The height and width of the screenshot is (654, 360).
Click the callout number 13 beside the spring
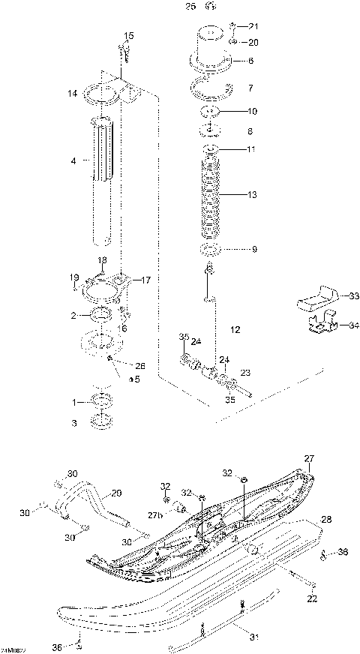[x=252, y=195]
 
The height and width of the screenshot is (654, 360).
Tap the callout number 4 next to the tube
[x=73, y=160]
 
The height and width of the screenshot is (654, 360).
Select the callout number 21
[x=253, y=26]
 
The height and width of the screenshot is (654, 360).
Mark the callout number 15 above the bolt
[x=129, y=36]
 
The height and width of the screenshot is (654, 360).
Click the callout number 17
[x=145, y=280]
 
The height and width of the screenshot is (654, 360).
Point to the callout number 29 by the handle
[x=115, y=493]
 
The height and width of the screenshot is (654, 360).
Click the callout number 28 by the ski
[x=326, y=519]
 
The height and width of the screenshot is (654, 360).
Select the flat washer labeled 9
[x=210, y=249]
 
